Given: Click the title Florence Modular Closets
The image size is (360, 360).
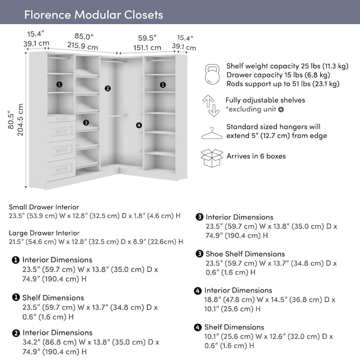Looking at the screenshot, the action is [x=94, y=15].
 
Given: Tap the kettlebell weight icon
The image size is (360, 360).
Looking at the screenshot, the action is [x=212, y=74].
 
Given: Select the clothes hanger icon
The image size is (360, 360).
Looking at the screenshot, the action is [x=211, y=133].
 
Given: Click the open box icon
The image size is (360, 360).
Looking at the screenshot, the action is [x=211, y=158].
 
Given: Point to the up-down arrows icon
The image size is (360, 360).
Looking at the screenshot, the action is [x=211, y=106].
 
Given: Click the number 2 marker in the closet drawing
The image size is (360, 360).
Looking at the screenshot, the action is [x=108, y=88].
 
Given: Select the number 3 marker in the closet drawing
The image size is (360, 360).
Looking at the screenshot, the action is [x=86, y=122].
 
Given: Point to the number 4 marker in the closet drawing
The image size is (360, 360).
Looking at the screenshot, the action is [x=139, y=126].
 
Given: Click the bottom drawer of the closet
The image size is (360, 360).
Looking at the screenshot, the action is [x=61, y=170].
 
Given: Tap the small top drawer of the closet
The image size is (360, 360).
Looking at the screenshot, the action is [x=61, y=119].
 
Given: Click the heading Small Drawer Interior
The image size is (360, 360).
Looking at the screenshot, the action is [x=44, y=207].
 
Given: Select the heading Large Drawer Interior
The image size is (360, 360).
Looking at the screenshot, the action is [x=44, y=233].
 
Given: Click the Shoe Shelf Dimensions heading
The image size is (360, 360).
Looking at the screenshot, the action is [x=245, y=254].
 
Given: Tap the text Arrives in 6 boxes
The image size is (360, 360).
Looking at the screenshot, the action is [x=256, y=156].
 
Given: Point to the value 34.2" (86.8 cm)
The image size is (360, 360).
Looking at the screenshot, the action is [x=49, y=342].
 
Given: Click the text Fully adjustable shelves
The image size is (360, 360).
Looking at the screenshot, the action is [x=265, y=100].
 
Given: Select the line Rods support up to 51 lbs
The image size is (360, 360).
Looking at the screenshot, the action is [x=283, y=84].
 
